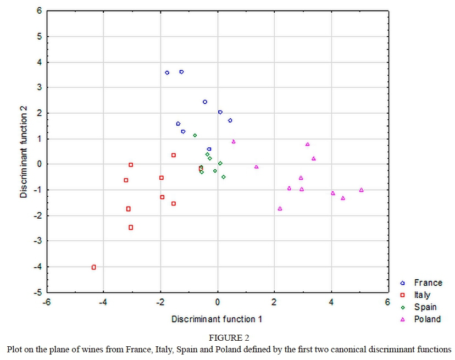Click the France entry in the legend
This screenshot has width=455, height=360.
tap(428, 283)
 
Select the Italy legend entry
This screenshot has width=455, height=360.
tap(422, 295)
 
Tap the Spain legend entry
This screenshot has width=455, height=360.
tap(425, 307)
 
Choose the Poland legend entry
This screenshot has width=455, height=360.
tap(427, 319)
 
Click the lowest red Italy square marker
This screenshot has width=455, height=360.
tap(94, 267)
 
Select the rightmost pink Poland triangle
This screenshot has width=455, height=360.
tap(361, 190)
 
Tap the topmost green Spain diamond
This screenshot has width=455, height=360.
tap(195, 135)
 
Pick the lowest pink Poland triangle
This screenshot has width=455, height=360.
tap(280, 208)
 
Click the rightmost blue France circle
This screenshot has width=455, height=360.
tap(230, 120)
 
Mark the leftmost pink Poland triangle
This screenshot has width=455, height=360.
tap(234, 141)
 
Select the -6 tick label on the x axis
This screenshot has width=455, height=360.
tap(47, 302)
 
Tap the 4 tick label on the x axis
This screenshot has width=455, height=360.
tap(331, 302)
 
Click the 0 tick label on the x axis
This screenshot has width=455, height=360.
tap(218, 302)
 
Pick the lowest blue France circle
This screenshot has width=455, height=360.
tap(209, 149)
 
